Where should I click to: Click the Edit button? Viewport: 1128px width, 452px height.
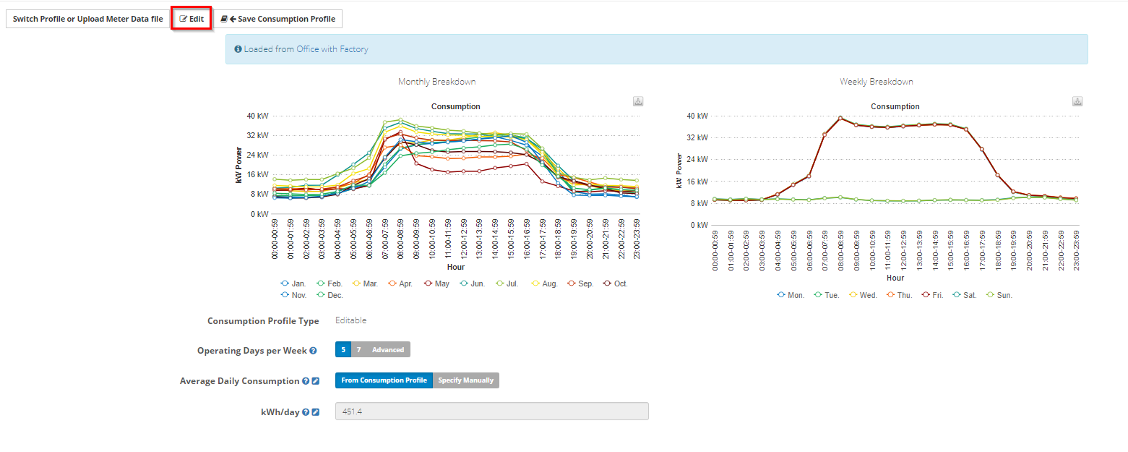[x=191, y=19]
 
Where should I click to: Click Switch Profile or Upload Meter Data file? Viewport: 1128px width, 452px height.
[x=87, y=19]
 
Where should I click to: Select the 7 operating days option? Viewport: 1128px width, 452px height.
[x=358, y=350]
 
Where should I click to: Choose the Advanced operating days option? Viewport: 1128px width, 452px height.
[x=388, y=350]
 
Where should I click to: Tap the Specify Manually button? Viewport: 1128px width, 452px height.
[x=466, y=380]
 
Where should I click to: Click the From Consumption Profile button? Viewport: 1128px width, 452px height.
[x=384, y=380]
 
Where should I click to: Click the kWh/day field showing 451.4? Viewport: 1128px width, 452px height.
[x=491, y=412]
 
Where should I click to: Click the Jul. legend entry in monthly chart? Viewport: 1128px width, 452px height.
[x=507, y=283]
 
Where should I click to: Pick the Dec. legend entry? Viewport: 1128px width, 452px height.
[x=330, y=295]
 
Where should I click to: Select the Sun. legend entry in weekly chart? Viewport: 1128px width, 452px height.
[x=999, y=295]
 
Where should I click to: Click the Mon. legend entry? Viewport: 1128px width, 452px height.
[x=791, y=295]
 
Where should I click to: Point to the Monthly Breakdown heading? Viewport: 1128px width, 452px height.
[x=436, y=82]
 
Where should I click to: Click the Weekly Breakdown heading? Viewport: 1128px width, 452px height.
[x=877, y=82]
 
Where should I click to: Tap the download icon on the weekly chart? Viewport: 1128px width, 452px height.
[x=1077, y=101]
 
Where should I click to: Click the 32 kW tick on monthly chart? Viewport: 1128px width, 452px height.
[x=257, y=135]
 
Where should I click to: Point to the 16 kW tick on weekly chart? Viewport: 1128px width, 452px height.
[x=697, y=182]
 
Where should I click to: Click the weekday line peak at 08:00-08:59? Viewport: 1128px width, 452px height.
[x=840, y=118]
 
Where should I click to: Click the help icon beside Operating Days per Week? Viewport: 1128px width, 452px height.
[x=313, y=351]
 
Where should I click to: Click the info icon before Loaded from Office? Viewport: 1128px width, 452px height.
[x=238, y=49]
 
